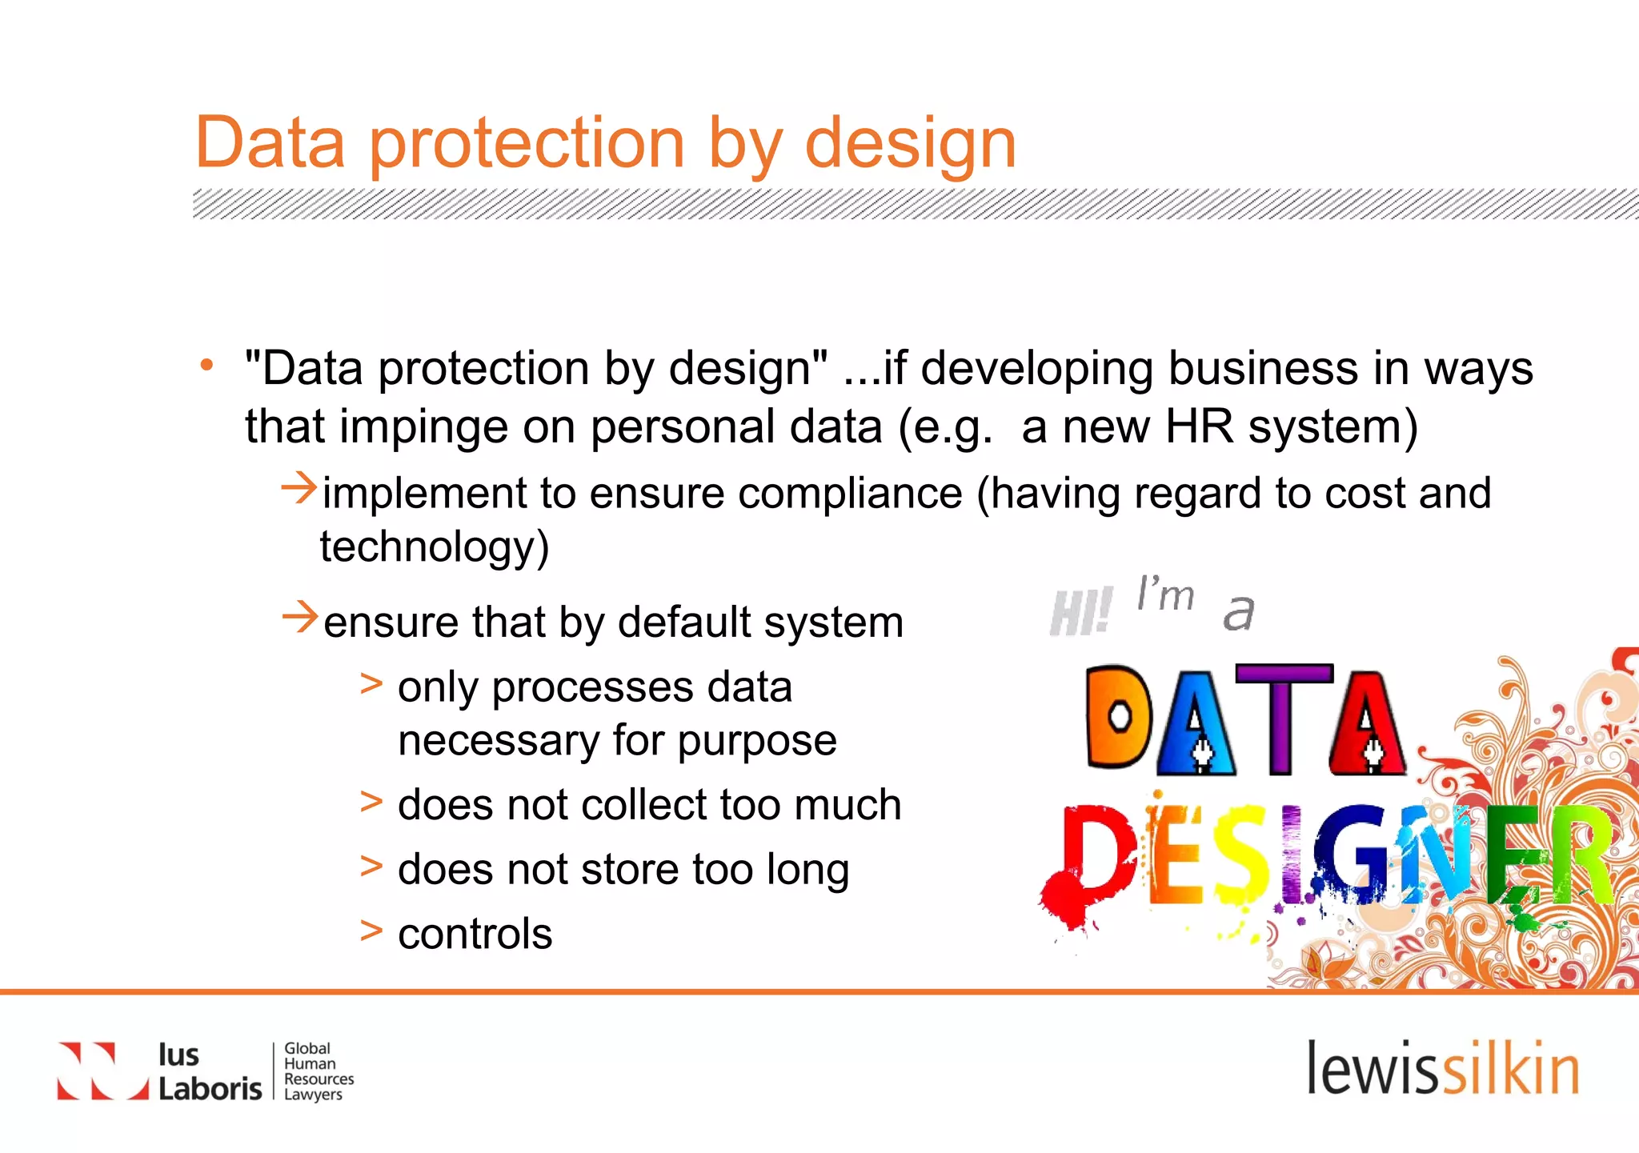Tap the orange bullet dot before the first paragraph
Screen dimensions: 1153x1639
(207, 366)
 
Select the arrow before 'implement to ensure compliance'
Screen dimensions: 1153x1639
(299, 488)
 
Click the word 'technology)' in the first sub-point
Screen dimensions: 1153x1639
(435, 547)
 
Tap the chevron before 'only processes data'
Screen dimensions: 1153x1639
(371, 685)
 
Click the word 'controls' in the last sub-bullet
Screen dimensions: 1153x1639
(475, 934)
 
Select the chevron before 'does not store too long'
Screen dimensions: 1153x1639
(371, 867)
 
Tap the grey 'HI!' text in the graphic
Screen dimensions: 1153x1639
(1080, 612)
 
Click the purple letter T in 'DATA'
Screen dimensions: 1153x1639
(1283, 717)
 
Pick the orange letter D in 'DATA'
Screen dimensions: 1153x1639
(1118, 717)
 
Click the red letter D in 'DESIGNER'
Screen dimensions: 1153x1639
(1096, 856)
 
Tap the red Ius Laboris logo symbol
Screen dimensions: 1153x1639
(102, 1071)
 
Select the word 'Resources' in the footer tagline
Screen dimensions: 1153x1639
(319, 1079)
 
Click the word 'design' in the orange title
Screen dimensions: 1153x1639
(910, 144)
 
